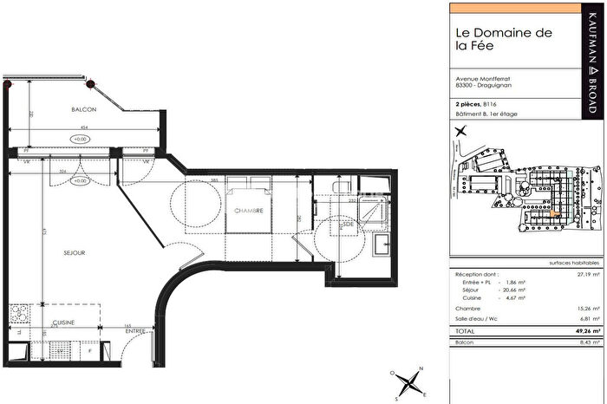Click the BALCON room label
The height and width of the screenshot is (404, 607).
click(84, 110)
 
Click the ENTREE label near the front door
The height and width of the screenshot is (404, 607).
click(134, 330)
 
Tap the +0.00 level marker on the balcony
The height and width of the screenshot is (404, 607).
click(81, 139)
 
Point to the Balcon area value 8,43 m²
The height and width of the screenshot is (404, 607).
click(580, 342)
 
